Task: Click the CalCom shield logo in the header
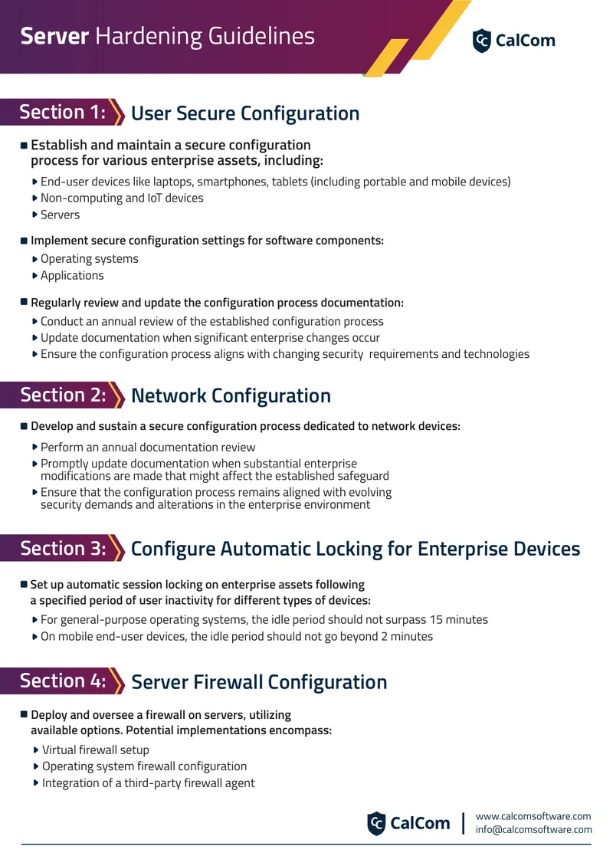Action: click(481, 41)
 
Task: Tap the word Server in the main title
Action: click(54, 37)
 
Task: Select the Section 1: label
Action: click(62, 112)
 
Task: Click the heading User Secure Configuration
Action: click(245, 113)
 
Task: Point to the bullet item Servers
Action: click(60, 215)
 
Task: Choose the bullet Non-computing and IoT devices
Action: click(122, 198)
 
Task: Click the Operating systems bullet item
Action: click(89, 259)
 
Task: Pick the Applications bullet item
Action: click(72, 276)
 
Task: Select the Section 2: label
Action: click(63, 395)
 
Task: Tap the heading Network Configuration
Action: click(231, 396)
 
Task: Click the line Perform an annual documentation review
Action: click(148, 448)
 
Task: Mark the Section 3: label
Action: click(63, 549)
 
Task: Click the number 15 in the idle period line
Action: click(436, 620)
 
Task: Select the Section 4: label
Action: click(63, 681)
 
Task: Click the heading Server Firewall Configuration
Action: click(259, 682)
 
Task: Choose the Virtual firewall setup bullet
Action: click(96, 750)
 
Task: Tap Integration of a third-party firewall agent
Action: click(149, 783)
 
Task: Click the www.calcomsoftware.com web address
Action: click(533, 816)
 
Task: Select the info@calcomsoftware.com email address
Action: click(533, 829)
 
